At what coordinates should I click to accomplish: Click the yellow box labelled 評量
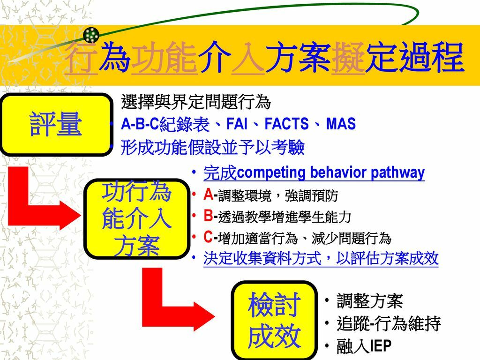coord(56,125)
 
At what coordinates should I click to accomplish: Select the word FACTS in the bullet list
coord(286,124)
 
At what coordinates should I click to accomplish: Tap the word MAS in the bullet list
coord(341,124)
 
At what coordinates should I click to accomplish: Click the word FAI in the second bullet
coord(237,124)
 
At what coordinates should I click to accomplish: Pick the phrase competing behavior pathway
coord(331,172)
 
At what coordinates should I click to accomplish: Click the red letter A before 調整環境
coord(208,194)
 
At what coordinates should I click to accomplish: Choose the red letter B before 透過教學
coord(208,216)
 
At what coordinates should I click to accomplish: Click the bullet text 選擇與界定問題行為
coord(195,101)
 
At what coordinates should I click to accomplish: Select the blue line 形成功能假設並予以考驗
coord(212,148)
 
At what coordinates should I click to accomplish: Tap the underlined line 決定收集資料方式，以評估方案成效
coord(321,258)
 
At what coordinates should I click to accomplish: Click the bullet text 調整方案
coord(369,301)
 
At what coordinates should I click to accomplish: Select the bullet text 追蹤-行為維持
coord(389,324)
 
